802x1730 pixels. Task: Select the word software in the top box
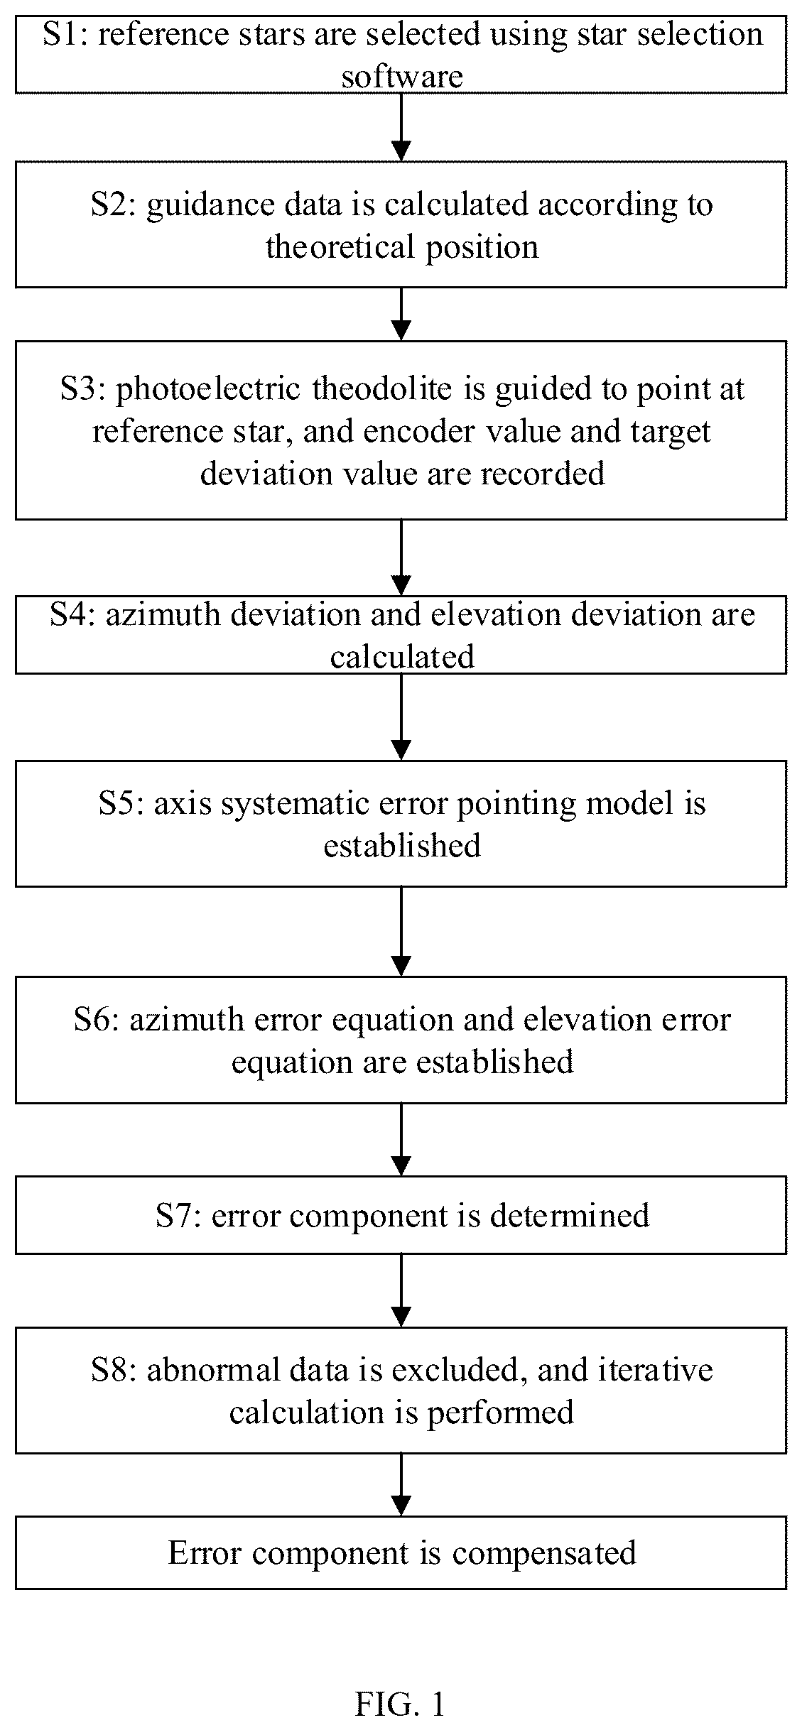click(402, 76)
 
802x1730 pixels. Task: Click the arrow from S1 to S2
click(401, 127)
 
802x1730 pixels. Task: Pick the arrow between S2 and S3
click(401, 314)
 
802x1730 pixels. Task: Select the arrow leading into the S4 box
click(401, 557)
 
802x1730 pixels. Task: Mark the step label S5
click(121, 803)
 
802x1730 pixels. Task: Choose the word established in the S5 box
click(402, 845)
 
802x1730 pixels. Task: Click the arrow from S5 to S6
click(401, 931)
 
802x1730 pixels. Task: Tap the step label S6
click(97, 1019)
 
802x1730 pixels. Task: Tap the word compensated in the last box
click(545, 1552)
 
